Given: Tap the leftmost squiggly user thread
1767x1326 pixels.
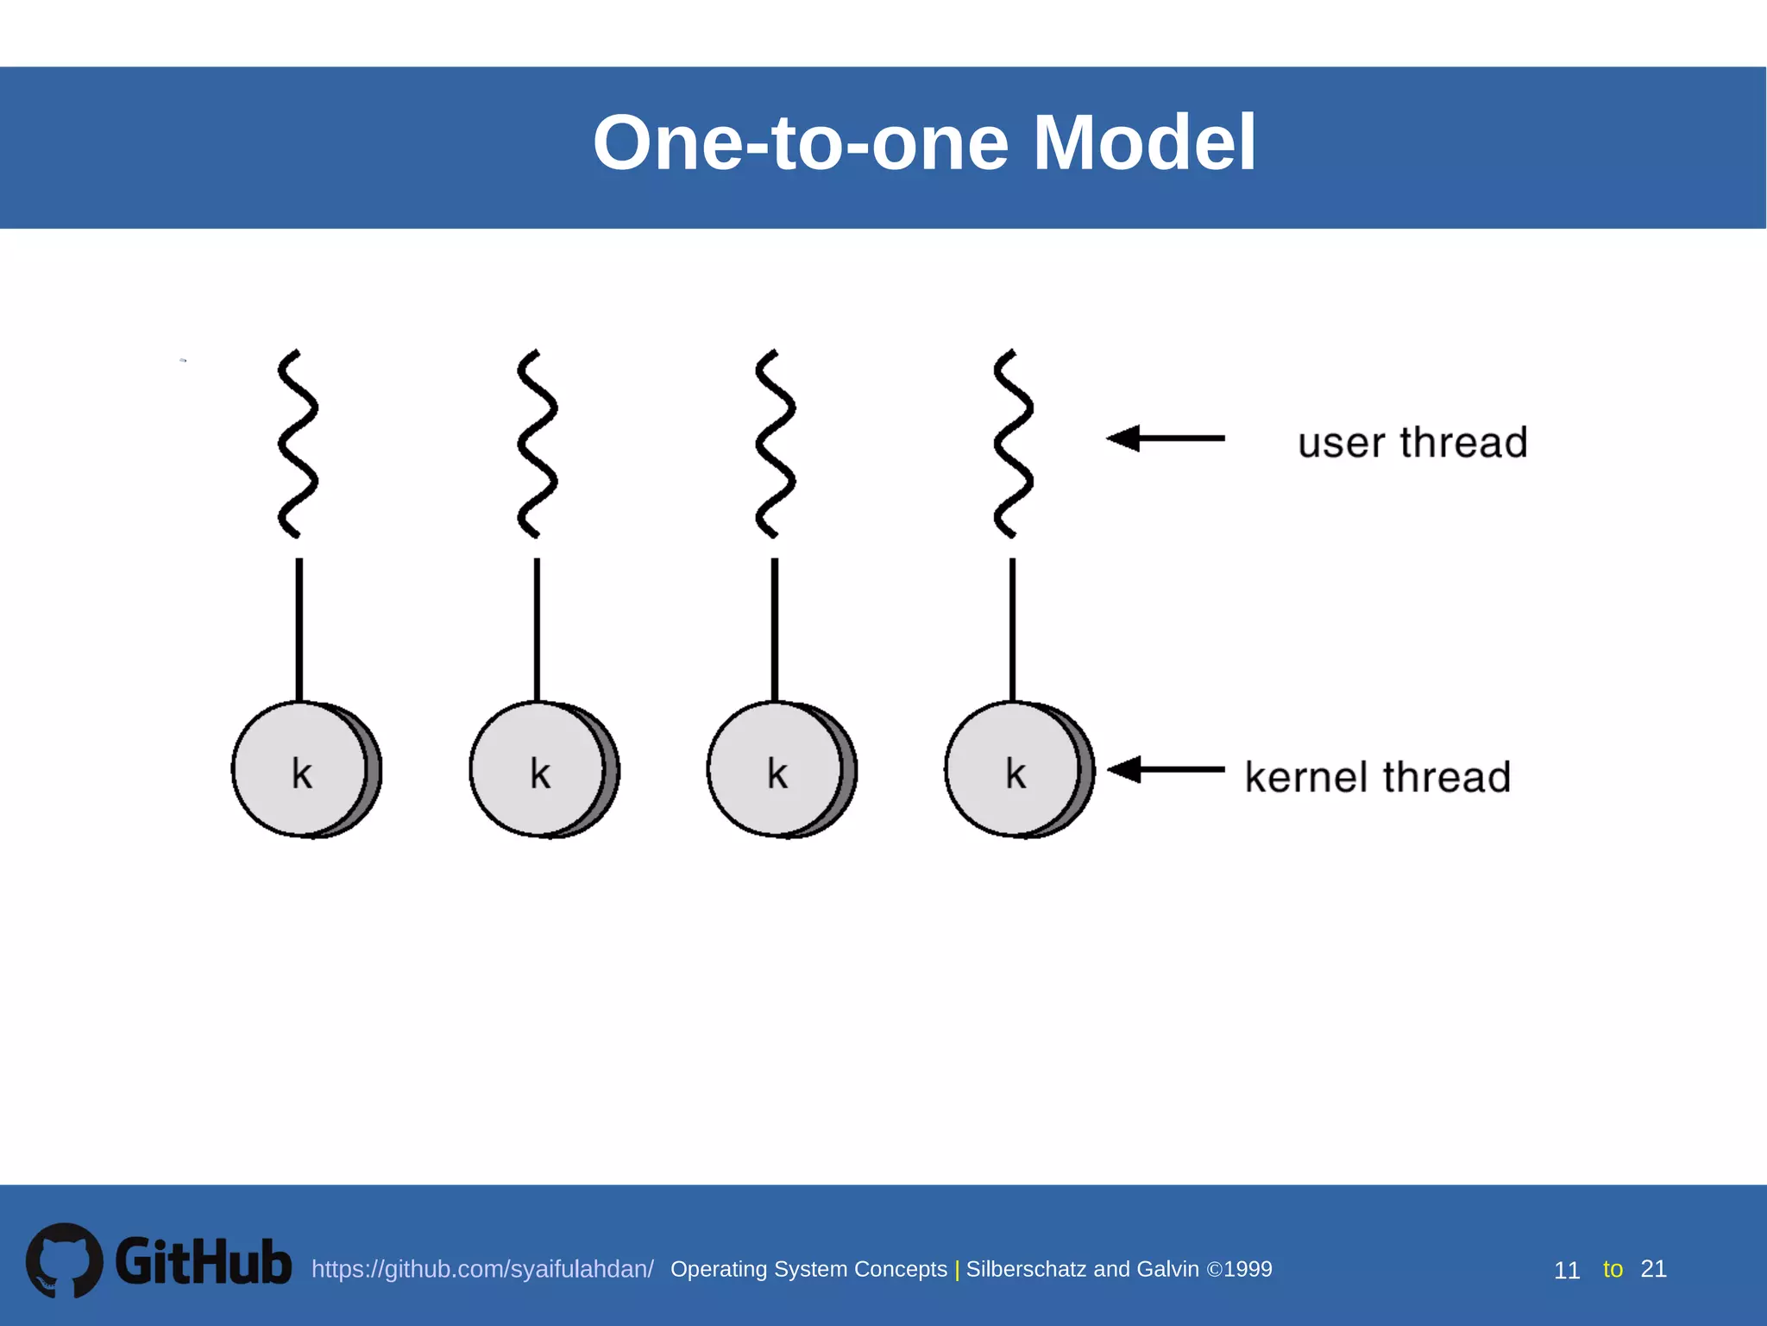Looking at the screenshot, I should (297, 444).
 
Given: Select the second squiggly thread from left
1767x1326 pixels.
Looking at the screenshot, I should (537, 444).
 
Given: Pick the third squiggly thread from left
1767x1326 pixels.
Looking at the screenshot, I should (775, 444).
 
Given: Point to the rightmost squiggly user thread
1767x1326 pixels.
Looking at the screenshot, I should (1013, 444).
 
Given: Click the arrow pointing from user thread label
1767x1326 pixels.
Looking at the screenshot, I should (1165, 439).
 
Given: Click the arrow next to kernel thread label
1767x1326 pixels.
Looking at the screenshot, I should (1165, 768).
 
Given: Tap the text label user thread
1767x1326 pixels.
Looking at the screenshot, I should (1412, 443).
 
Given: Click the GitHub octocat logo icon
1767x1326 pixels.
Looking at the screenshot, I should (64, 1260).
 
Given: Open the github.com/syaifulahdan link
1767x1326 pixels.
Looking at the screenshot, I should (482, 1269).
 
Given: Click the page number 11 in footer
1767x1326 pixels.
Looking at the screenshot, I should (1566, 1270).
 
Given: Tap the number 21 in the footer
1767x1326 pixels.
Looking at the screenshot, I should (1653, 1268).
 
